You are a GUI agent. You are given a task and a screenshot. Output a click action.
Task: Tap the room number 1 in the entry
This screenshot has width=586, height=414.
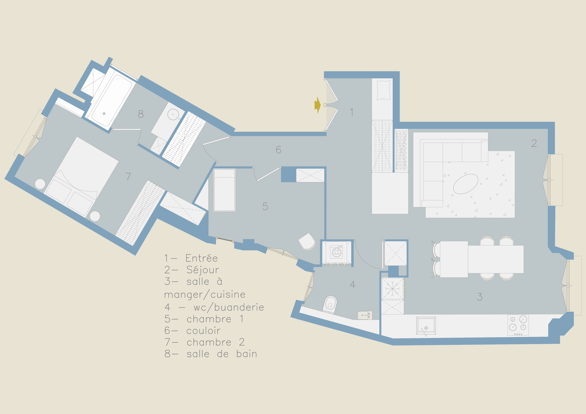click(351, 112)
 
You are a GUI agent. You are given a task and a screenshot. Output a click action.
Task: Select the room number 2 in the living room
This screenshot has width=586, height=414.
click(534, 143)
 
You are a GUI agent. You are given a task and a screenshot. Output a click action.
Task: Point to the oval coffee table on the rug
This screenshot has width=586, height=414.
click(466, 184)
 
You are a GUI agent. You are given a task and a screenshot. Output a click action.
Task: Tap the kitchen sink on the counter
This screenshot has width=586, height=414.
click(426, 326)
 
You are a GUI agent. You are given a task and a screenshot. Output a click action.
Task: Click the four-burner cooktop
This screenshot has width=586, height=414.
click(518, 325)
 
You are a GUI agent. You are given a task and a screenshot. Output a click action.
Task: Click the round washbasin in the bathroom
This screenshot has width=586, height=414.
click(173, 115)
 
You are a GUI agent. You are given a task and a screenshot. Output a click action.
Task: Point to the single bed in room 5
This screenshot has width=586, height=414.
click(225, 190)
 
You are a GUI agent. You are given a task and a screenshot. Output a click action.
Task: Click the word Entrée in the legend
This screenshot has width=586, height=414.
click(202, 258)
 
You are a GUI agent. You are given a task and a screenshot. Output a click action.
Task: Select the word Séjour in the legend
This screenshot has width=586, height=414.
click(203, 270)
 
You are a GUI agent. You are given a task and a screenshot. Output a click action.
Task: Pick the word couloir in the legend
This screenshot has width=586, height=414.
click(203, 331)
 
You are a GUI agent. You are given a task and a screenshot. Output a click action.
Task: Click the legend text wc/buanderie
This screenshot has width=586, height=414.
click(229, 307)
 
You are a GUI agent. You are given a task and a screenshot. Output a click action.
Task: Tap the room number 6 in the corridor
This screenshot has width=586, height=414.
click(278, 150)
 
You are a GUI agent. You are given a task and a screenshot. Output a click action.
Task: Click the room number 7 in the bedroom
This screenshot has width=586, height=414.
click(128, 176)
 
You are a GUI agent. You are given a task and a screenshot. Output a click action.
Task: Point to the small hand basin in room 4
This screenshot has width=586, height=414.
click(365, 315)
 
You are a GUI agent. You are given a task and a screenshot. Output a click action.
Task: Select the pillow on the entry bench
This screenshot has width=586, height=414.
click(384, 90)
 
